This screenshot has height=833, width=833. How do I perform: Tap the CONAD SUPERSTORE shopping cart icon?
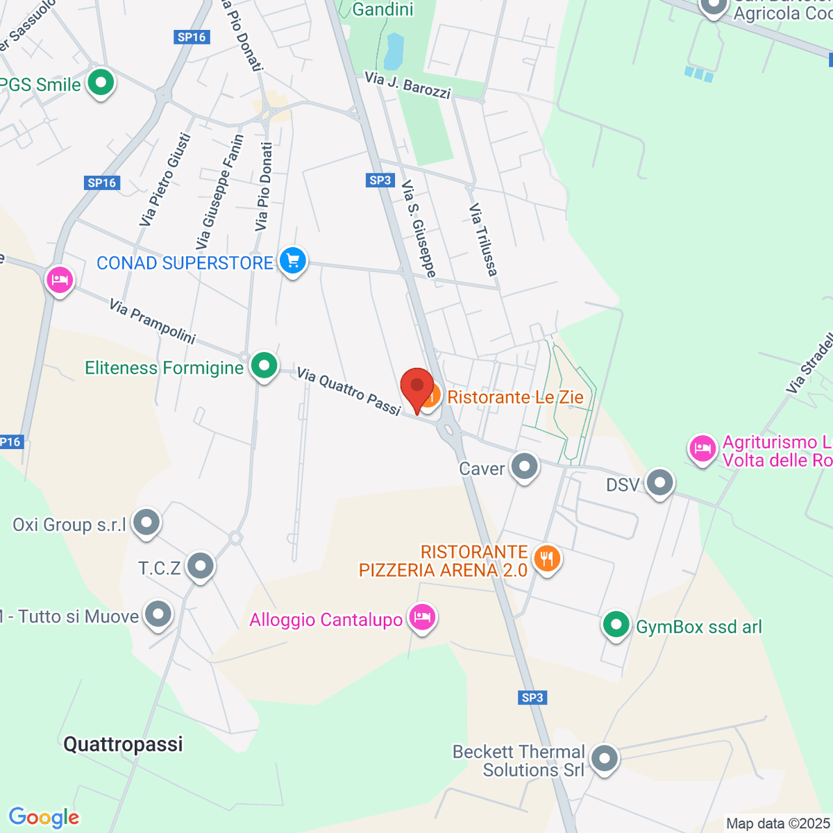pos(293,261)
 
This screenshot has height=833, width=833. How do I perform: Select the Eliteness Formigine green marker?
pos(264,365)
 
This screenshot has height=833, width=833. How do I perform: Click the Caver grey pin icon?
pos(525,466)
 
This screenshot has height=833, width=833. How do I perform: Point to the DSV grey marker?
pos(659,482)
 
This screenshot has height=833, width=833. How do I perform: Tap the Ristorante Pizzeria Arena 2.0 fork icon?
pos(547,558)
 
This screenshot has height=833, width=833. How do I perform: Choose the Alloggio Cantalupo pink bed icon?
pos(421,616)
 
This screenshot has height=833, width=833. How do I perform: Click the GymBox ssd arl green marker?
pos(616,625)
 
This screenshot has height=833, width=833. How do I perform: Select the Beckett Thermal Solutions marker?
pos(605,758)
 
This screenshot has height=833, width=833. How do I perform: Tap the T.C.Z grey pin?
pos(201,566)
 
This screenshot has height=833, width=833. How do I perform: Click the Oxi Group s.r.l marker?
pos(146,523)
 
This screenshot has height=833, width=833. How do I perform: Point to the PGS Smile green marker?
pos(101,83)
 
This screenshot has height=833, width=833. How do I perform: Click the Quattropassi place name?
pos(123,744)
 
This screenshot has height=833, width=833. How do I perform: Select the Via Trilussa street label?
pos(483,239)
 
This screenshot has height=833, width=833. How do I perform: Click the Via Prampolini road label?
pos(153,321)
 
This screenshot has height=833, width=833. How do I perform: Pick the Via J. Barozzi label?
pos(407,85)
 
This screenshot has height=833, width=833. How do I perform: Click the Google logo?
pos(44,818)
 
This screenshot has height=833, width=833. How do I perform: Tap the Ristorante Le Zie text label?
pos(515,397)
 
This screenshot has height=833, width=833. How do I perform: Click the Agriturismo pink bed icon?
pos(702,448)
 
